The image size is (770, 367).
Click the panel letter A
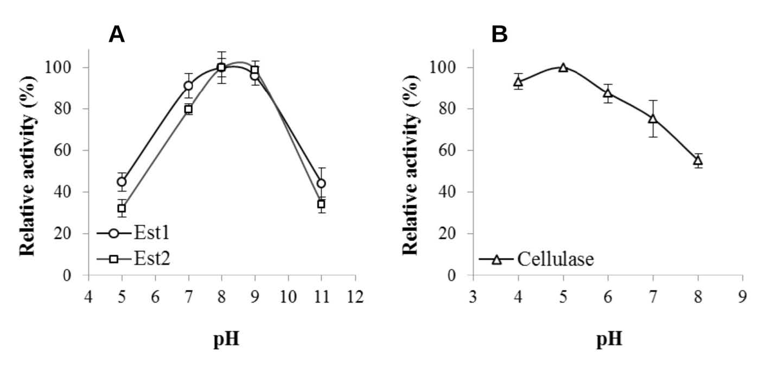(117, 35)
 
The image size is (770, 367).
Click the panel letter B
(499, 35)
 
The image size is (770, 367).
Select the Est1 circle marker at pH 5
(122, 182)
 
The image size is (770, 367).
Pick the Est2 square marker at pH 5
(122, 208)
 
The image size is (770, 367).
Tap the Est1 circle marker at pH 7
(188, 86)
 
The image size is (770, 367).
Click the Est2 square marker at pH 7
(188, 109)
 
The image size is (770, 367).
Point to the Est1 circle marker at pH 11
(321, 184)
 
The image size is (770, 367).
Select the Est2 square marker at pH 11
(321, 204)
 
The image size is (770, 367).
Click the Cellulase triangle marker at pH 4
(518, 82)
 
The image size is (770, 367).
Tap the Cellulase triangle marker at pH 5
(563, 67)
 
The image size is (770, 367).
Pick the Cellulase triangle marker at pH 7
(653, 118)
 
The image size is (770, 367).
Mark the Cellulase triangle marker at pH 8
(698, 160)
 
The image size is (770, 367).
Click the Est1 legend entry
(133, 234)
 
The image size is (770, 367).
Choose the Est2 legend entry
(133, 260)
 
